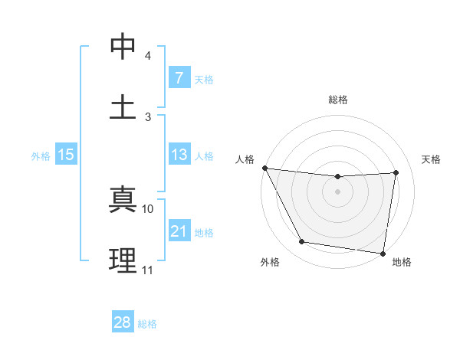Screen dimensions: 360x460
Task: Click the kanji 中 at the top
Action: coord(123,47)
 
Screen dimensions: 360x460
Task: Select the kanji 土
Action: coord(123,106)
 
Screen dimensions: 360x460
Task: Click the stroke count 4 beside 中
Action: coord(148,57)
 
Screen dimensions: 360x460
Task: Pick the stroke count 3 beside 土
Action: coord(148,116)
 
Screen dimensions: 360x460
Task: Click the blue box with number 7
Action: coord(179,78)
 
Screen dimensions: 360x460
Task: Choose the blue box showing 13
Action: coord(179,155)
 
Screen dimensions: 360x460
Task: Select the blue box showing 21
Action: coord(179,231)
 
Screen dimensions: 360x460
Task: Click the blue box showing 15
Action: coord(66,155)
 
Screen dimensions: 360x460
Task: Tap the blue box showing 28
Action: coord(123,322)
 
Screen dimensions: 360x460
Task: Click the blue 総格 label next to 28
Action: coord(147,324)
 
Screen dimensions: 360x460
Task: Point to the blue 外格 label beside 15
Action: coord(41,156)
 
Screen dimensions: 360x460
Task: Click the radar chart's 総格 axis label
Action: coord(338,100)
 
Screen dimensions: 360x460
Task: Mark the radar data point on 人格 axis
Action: coord(264,168)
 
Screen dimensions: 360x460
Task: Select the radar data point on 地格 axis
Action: coord(383,253)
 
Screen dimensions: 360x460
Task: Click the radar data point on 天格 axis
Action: coord(396,172)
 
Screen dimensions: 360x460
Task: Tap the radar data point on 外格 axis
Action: coord(301,243)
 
